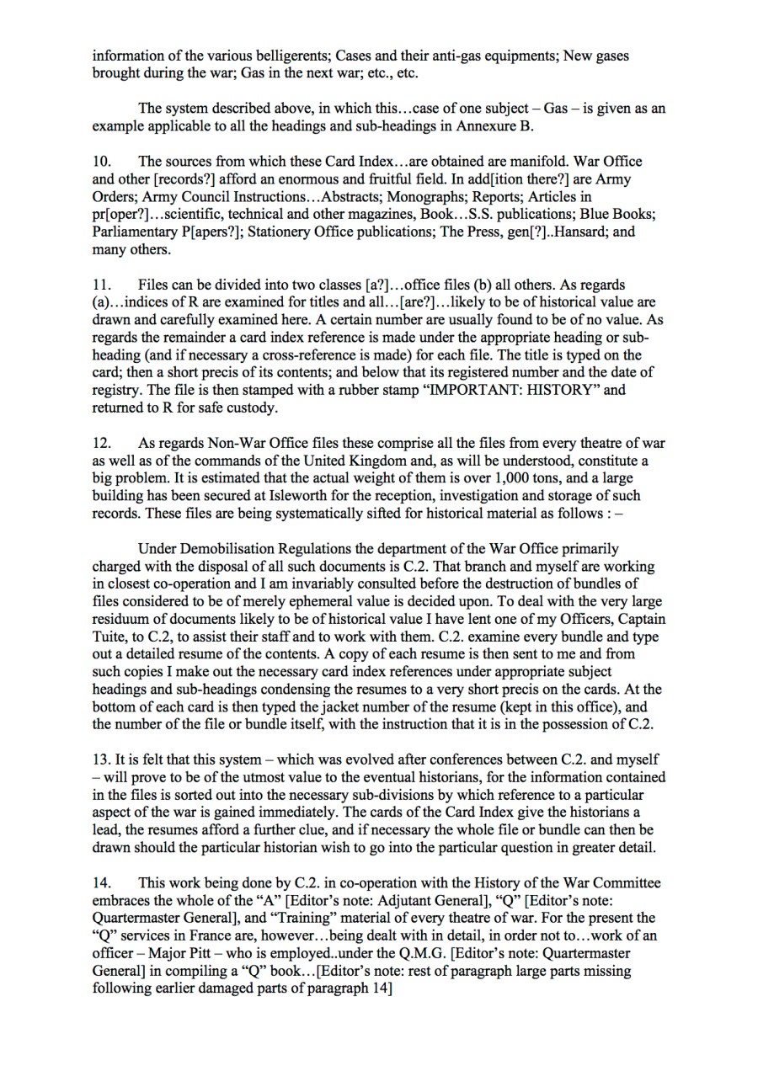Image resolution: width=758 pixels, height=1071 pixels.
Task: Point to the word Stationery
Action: point(290,231)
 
